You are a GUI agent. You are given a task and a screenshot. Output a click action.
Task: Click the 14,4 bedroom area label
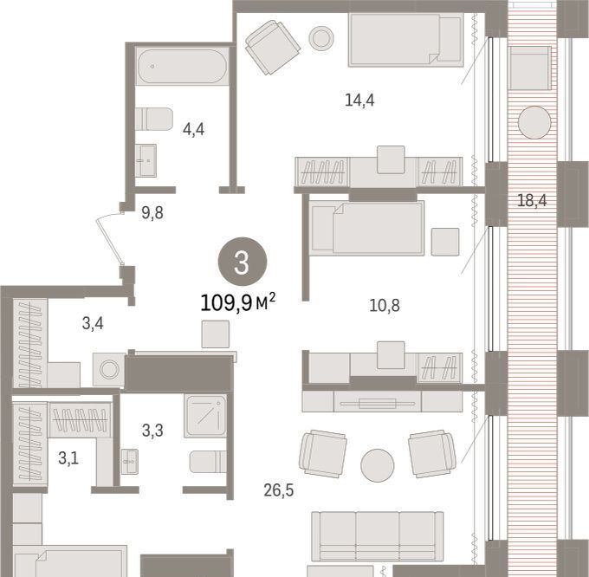[359, 100]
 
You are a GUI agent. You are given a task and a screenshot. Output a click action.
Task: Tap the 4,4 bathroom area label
[193, 129]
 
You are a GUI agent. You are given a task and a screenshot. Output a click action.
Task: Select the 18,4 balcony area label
[532, 201]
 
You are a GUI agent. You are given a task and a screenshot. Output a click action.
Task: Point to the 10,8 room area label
[385, 306]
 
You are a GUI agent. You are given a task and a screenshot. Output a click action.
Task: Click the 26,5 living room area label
[279, 489]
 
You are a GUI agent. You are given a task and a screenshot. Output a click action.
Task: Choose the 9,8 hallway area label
[152, 213]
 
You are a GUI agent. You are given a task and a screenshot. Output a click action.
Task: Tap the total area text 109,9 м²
[238, 302]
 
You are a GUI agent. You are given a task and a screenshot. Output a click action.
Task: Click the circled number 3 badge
[243, 262]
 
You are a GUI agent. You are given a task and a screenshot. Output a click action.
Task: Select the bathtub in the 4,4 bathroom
[182, 67]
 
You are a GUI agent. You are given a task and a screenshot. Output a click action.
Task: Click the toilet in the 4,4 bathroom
[154, 119]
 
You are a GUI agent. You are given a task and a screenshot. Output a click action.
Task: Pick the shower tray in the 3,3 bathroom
[205, 416]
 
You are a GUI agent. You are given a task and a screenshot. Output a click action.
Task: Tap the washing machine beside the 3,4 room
[109, 369]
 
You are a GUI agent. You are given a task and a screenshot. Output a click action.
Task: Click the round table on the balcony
[534, 122]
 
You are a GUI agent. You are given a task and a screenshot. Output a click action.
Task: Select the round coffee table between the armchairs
[378, 465]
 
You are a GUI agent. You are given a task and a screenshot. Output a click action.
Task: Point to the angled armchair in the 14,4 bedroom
[273, 48]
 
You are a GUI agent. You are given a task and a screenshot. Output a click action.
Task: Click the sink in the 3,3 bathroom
[130, 461]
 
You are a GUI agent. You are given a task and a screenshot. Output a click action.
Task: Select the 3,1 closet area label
[68, 458]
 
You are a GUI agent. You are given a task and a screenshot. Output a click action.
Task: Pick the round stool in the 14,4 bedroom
[321, 37]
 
